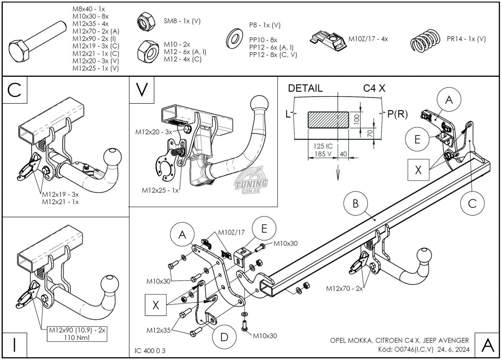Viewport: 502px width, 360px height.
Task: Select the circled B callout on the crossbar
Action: pyautogui.click(x=355, y=204)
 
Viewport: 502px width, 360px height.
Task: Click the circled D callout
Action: pyautogui.click(x=223, y=336)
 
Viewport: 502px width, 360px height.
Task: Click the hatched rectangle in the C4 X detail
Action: pyautogui.click(x=328, y=119)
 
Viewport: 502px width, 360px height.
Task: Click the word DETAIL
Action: pyautogui.click(x=305, y=89)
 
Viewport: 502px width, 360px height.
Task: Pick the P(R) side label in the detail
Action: pyautogui.click(x=397, y=114)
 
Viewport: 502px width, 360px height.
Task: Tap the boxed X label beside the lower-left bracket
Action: pyautogui.click(x=156, y=305)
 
